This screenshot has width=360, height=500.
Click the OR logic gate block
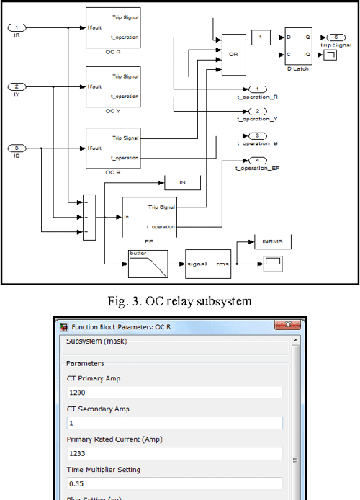tap(233, 54)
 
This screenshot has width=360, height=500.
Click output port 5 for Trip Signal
tap(336, 37)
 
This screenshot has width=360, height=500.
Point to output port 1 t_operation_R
tap(257, 89)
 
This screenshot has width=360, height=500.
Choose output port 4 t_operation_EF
tap(257, 160)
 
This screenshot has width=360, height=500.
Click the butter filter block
tap(148, 264)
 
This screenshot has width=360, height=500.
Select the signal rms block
tap(207, 264)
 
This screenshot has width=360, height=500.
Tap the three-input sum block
tap(89, 215)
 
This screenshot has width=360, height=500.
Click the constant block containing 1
tap(260, 37)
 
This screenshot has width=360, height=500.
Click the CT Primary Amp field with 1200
tap(173, 393)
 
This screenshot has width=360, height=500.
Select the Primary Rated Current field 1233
tap(173, 454)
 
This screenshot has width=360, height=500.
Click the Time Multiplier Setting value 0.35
tap(173, 484)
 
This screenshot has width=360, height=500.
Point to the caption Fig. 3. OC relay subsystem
tap(179, 300)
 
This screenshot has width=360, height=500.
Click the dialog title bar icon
tap(63, 326)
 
